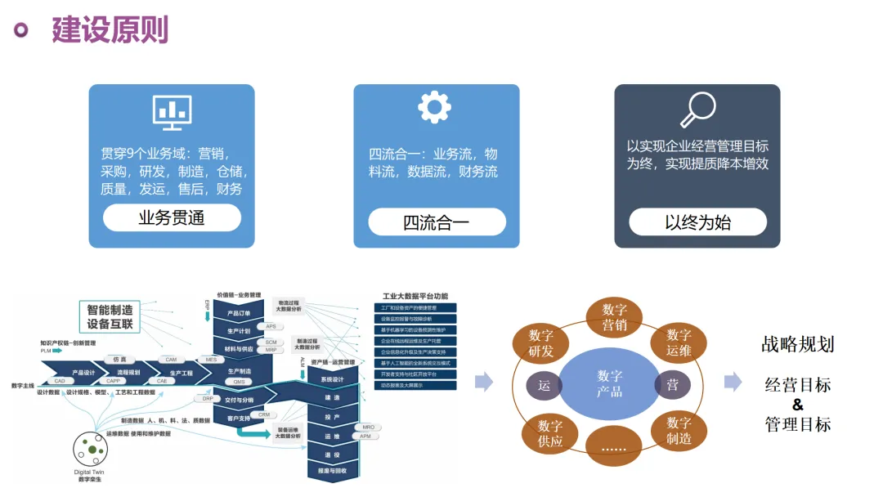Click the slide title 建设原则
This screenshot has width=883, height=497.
tap(110, 29)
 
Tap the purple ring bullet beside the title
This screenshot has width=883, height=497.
tap(21, 30)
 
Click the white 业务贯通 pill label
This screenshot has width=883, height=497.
tap(172, 218)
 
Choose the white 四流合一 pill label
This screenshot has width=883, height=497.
tap(437, 222)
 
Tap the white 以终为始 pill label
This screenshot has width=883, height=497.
tap(697, 222)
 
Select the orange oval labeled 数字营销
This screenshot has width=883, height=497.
tap(614, 317)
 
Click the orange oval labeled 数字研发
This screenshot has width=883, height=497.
tap(541, 343)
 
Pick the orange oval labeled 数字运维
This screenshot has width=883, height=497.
tap(679, 343)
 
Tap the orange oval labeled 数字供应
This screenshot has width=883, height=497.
tap(550, 434)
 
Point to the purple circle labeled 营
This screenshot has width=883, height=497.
tap(672, 385)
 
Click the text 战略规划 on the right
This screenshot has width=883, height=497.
tap(797, 344)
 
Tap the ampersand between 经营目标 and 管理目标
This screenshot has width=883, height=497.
tap(798, 405)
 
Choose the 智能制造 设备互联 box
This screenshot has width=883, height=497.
tap(110, 316)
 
